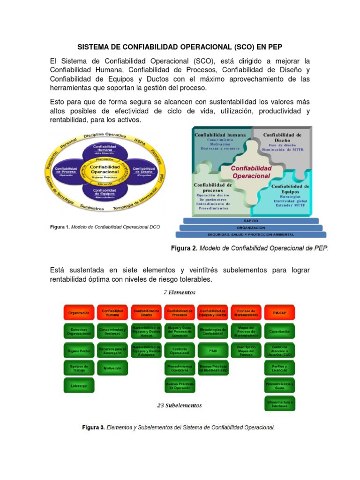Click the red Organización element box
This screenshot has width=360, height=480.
click(79, 312)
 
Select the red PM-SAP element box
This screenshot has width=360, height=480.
click(279, 312)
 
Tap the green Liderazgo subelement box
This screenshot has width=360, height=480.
click(79, 385)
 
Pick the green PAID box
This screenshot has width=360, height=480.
click(213, 350)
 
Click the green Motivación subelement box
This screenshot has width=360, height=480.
click(112, 368)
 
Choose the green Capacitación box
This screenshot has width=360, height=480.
click(279, 331)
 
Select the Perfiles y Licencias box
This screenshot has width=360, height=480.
click(279, 368)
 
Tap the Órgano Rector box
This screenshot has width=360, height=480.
click(79, 350)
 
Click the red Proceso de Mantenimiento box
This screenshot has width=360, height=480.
click(246, 312)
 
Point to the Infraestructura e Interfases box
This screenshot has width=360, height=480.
click(279, 404)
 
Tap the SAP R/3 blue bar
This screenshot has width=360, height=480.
click(251, 220)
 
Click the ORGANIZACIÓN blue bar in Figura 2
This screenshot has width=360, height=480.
click(251, 227)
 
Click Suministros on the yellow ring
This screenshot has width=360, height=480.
click(92, 207)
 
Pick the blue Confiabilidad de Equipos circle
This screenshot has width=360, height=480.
click(105, 192)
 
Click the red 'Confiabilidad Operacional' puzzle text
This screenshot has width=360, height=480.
click(251, 172)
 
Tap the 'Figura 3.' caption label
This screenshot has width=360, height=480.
click(93, 427)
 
